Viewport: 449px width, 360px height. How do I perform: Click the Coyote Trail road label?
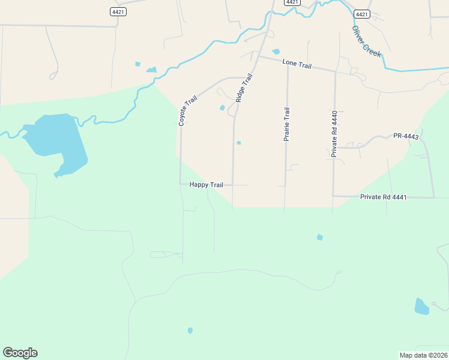point(187,107)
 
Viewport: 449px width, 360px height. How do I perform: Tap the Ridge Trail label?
point(244,88)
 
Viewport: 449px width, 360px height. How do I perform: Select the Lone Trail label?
point(297,64)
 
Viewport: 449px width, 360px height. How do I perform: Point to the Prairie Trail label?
point(287,124)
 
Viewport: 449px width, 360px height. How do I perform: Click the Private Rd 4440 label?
point(334,134)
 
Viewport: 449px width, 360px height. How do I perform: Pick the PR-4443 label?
point(405,136)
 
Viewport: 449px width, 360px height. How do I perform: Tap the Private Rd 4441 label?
point(384,197)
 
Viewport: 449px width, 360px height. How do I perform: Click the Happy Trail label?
point(206,185)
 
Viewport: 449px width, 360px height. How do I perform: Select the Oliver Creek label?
point(367,41)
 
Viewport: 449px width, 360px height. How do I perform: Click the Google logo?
point(20,353)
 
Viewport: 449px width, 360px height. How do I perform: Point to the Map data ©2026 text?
point(423,355)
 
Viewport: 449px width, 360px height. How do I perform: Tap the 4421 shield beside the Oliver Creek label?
point(361,14)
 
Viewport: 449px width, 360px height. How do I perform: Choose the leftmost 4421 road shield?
point(118,11)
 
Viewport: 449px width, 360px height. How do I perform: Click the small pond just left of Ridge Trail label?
point(222,108)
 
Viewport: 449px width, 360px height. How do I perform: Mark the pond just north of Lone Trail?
point(276,52)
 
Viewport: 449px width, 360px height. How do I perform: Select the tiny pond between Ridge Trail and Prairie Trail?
point(239,143)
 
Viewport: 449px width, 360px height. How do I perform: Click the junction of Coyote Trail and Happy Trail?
point(181,184)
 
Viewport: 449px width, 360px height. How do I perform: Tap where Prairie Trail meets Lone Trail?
point(288,64)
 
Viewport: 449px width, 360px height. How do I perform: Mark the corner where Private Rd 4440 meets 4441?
point(334,196)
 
